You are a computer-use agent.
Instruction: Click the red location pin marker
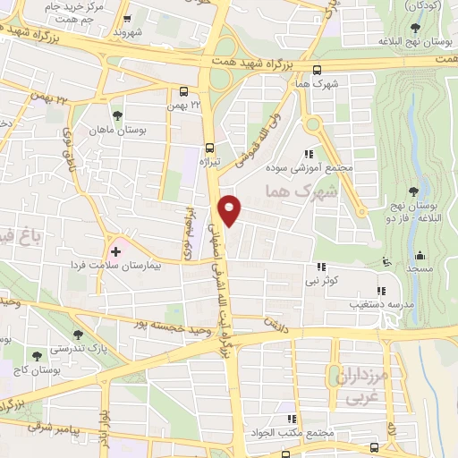click(231, 209)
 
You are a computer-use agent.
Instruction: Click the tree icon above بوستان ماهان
click(117, 115)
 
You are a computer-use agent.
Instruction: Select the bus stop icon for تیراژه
click(210, 148)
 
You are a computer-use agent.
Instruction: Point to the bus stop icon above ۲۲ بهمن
click(183, 91)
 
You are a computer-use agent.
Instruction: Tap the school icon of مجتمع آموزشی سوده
click(310, 154)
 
